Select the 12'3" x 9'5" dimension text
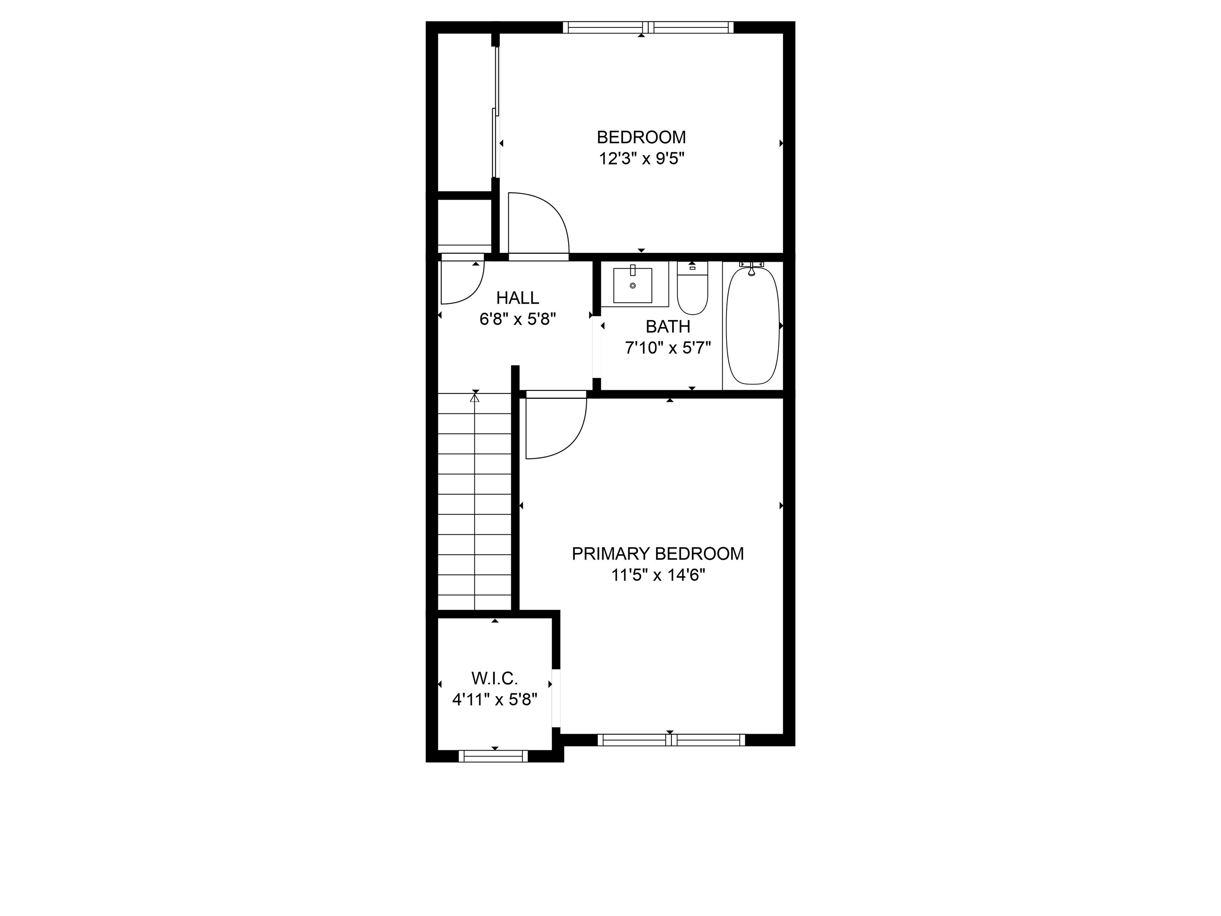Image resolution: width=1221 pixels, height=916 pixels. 642,159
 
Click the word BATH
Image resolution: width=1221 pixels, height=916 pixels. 668,327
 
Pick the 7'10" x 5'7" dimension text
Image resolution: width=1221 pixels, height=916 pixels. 667,348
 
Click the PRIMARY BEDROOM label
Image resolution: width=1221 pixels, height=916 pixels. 657,554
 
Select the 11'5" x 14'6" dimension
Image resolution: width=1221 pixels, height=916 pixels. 658,575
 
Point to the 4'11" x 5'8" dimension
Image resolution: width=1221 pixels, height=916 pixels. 494,700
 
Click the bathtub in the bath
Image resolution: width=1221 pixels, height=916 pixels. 752,326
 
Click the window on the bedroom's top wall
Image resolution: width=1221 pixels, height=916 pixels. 648,27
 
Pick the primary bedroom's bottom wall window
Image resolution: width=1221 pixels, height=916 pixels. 671,740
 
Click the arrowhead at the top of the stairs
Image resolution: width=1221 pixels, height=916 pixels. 475,396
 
